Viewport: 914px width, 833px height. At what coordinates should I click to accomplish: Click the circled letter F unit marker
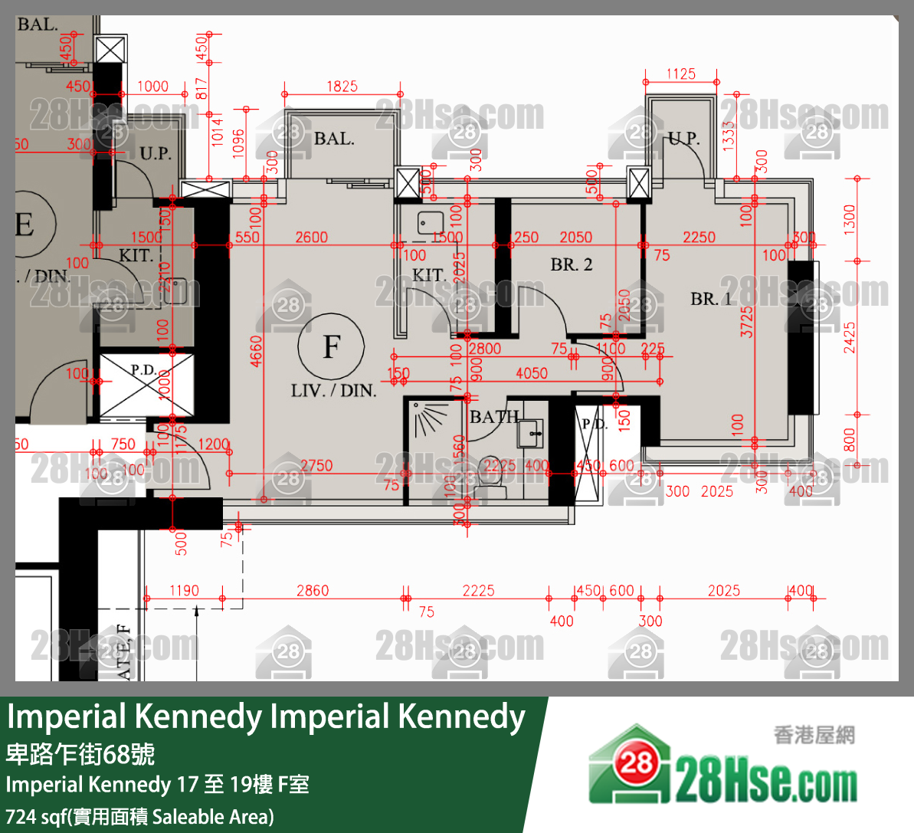point(331,346)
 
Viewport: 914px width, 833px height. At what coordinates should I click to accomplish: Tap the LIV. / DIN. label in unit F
point(333,391)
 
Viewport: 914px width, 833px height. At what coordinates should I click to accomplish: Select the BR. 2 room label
point(572,265)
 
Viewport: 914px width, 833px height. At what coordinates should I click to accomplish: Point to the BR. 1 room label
point(711,299)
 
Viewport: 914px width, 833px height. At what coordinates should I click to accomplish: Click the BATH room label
point(494,417)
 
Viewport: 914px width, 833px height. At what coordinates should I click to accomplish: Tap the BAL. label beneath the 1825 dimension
point(334,139)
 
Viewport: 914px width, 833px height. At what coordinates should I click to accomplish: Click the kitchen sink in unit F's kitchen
point(430,223)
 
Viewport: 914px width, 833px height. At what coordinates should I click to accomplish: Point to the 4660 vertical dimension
point(256,350)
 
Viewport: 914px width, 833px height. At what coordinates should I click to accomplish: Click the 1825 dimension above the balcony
point(342,86)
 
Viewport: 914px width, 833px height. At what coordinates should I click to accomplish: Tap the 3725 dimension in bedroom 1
point(746,322)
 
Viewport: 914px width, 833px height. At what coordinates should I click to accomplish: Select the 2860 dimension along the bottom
point(313,591)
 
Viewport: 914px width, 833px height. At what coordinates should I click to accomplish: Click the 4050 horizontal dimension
point(531,373)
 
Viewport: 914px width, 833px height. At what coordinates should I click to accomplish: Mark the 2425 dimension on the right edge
point(849,337)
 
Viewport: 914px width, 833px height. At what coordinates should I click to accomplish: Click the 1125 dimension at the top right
point(680,74)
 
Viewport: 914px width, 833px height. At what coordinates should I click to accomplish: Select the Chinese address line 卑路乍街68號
point(80,754)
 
